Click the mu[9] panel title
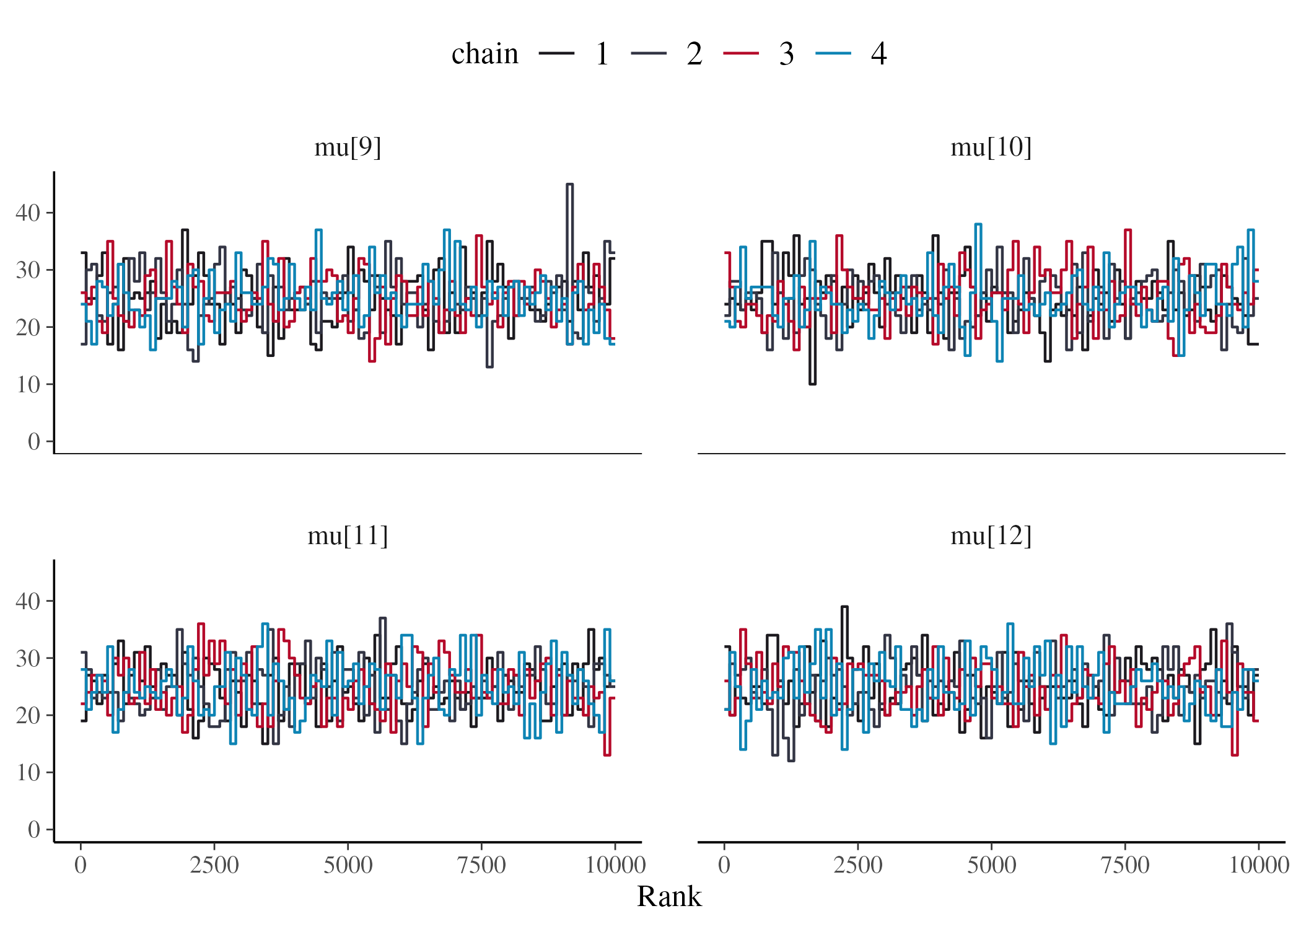pos(347,147)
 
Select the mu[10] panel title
pos(991,147)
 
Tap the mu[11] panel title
pos(347,535)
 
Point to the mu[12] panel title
pos(991,535)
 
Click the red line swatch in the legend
pos(741,54)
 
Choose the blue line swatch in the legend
pos(833,54)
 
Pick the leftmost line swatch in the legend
pos(556,54)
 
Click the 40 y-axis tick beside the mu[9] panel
pos(28,213)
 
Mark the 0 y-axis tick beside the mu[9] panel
pos(33,442)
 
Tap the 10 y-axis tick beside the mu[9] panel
pos(28,385)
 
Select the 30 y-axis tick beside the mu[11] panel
pos(28,659)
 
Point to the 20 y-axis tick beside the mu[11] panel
pos(28,716)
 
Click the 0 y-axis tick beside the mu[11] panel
pos(33,830)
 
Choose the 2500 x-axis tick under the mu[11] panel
pos(214,865)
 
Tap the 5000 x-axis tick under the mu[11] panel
pos(348,865)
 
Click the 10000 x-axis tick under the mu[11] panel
pos(615,865)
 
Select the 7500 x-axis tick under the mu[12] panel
pos(1124,865)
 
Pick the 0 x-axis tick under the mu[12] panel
pos(724,865)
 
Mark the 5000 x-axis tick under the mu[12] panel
pos(991,865)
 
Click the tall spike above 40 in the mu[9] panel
pos(570,186)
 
